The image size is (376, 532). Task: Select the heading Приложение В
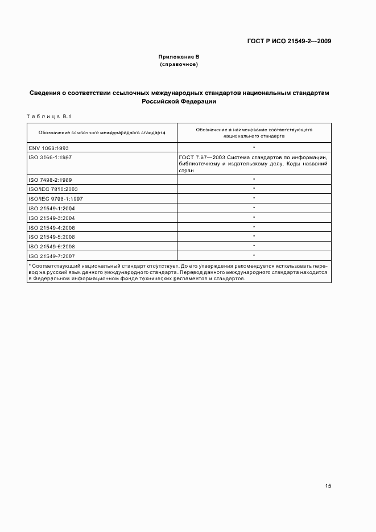[x=179, y=57]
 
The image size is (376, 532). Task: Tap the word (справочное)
[x=179, y=65]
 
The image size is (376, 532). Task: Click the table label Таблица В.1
[x=48, y=117]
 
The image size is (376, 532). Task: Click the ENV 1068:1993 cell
[x=48, y=148]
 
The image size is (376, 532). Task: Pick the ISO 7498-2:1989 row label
[x=50, y=180]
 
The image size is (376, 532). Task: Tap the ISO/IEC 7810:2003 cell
[x=53, y=189]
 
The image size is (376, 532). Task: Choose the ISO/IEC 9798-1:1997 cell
[x=55, y=199]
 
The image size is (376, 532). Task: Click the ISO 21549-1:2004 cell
[x=52, y=209]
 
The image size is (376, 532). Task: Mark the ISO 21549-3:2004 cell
[x=52, y=218]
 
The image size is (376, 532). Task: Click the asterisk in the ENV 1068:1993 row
[x=254, y=148]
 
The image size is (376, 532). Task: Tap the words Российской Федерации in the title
[x=179, y=102]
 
